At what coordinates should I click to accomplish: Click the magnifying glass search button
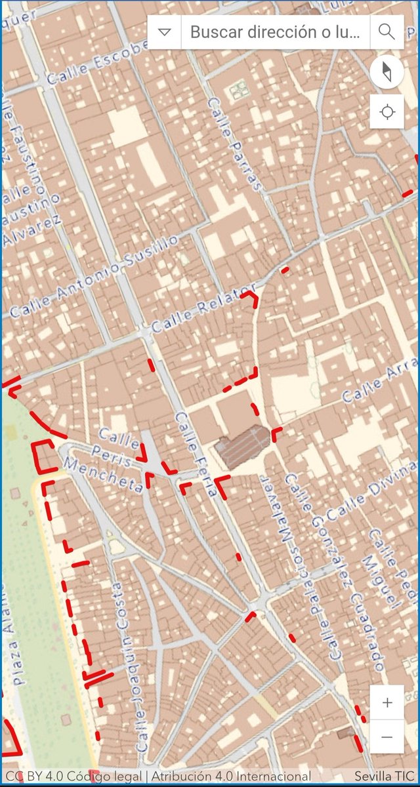(387, 31)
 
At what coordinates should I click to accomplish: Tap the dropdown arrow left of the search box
(165, 32)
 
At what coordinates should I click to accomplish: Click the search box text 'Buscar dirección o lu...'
(275, 31)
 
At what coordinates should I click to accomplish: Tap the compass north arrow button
(387, 73)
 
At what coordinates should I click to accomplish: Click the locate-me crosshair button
(387, 112)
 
